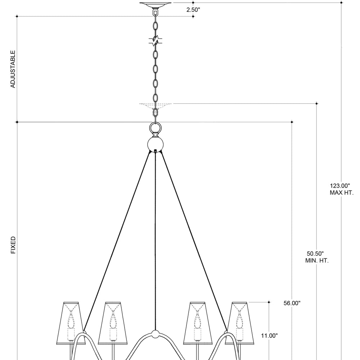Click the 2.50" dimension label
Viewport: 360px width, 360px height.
193,10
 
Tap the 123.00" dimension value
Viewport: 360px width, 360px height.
340,186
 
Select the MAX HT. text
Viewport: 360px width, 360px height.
341,193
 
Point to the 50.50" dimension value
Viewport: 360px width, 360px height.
315,254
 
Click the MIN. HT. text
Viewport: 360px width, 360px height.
317,261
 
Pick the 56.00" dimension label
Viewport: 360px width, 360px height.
292,303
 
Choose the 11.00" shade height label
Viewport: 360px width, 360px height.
269,336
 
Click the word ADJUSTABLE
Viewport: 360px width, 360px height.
13,69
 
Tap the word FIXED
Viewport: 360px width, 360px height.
13,245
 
